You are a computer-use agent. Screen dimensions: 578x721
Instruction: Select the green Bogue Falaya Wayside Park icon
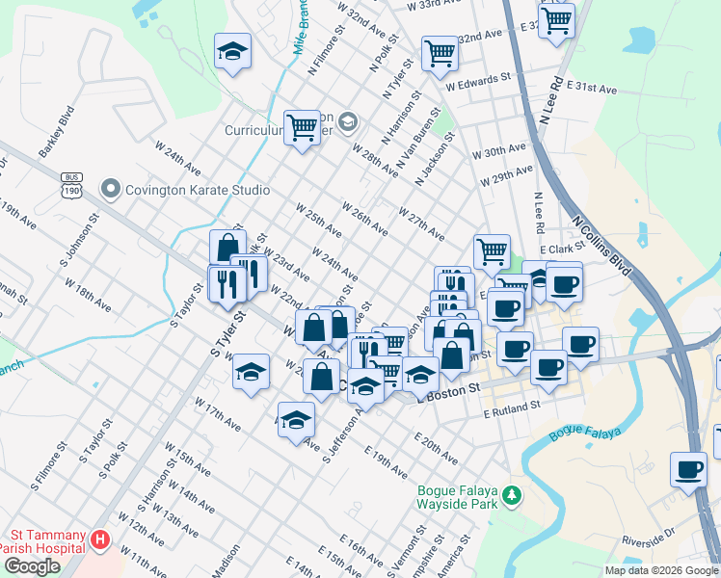513,496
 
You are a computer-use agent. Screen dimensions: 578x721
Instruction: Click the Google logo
31,566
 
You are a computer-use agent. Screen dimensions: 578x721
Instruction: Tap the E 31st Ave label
593,88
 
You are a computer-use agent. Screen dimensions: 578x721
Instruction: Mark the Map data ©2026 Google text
660,570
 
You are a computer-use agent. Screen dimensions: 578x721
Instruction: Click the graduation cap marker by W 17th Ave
296,418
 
